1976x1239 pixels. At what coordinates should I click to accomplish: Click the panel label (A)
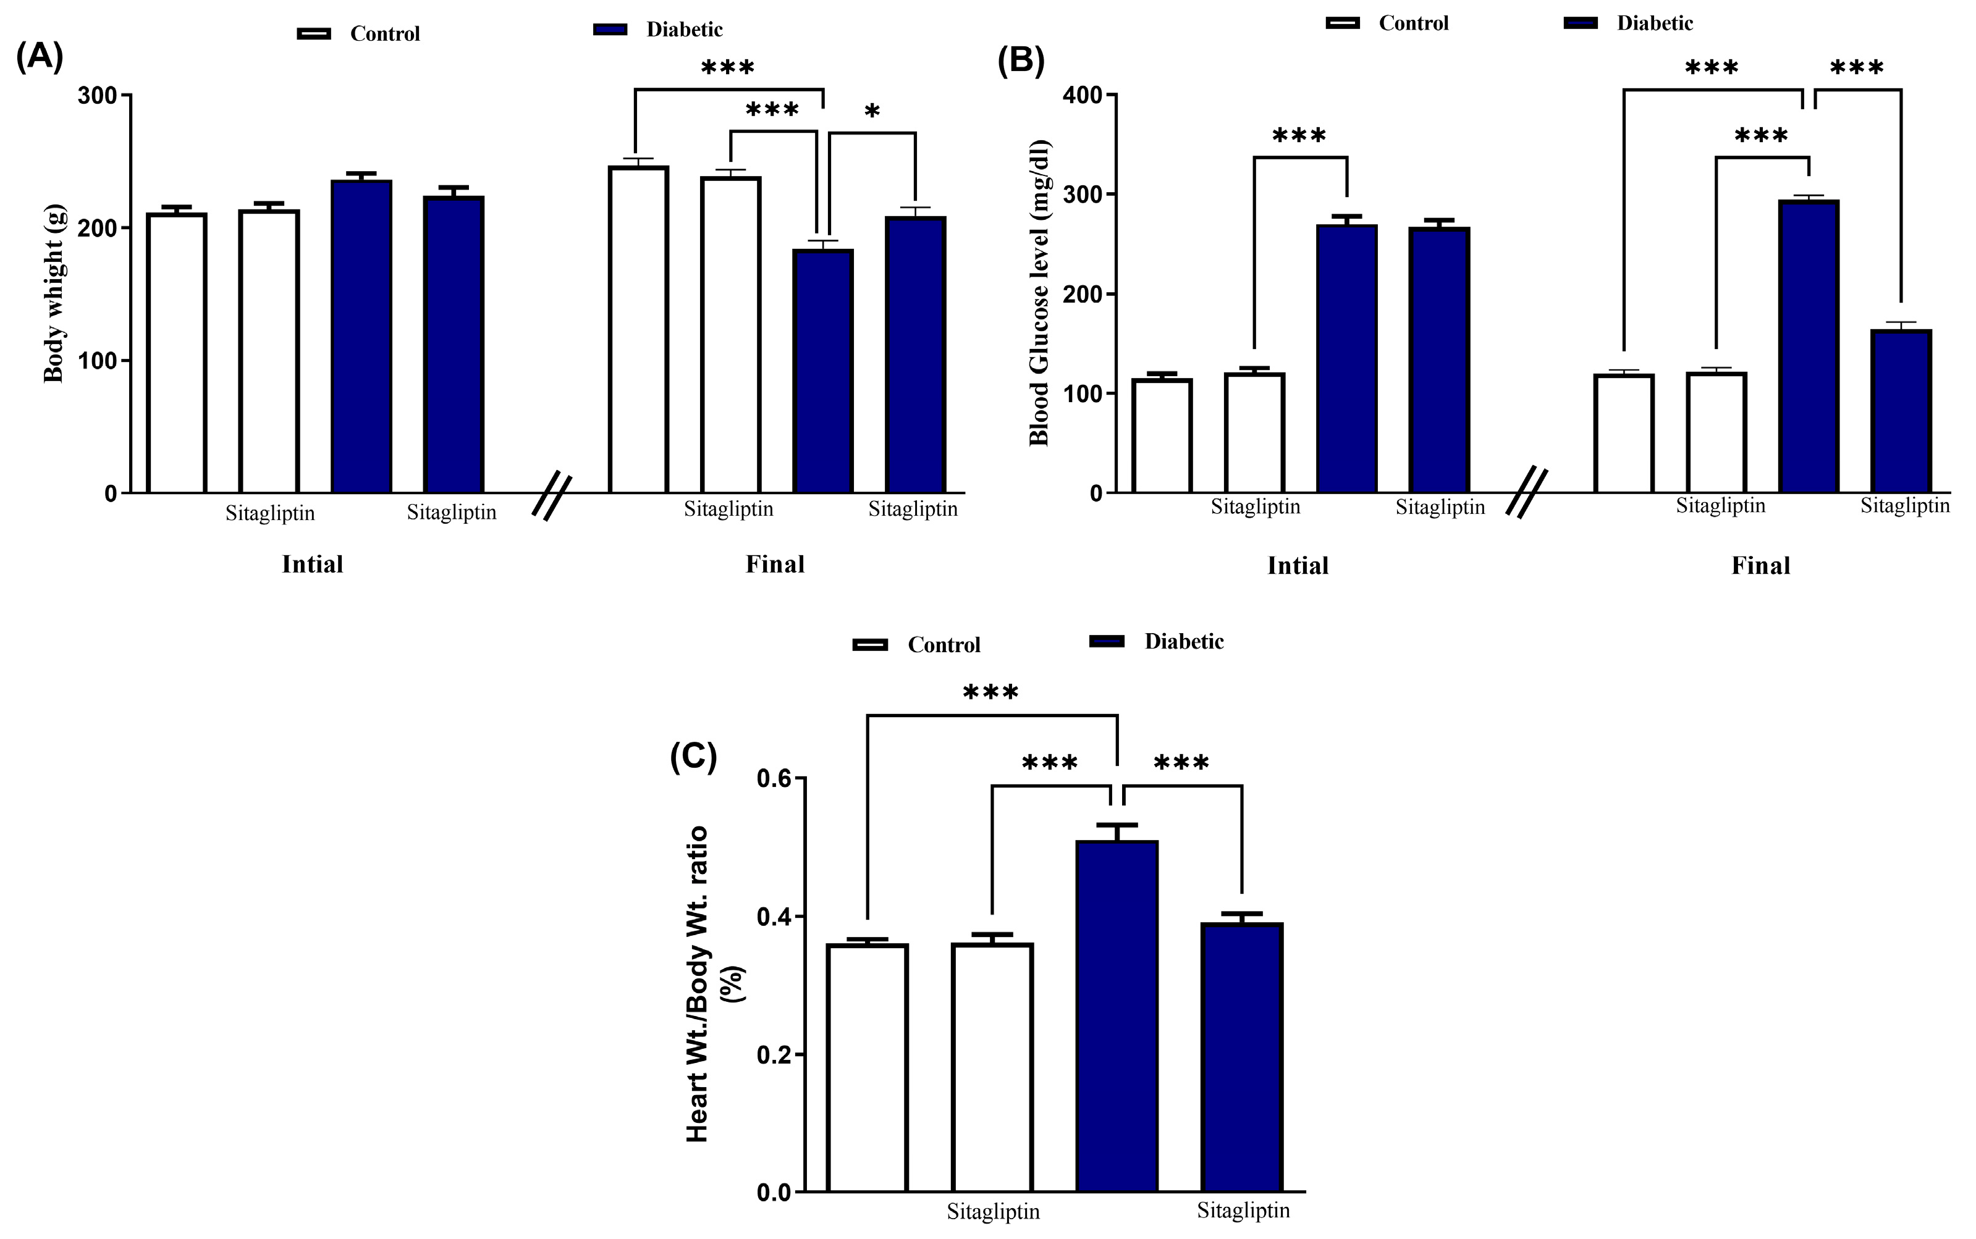[x=40, y=59]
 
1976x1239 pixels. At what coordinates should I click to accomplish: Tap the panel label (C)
[x=693, y=758]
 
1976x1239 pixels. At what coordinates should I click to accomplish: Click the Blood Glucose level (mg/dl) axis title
[x=1039, y=293]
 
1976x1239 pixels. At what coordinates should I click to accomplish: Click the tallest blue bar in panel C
[x=1117, y=1016]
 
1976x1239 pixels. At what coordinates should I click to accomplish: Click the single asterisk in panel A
[x=872, y=111]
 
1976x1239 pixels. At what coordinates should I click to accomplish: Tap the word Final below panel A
[x=774, y=565]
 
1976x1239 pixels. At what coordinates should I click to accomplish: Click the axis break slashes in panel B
[x=1527, y=492]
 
